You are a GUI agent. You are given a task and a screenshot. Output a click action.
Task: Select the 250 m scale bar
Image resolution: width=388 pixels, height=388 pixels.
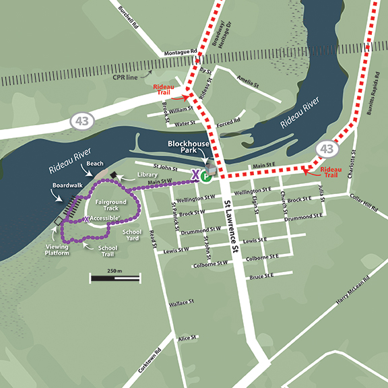[x=115, y=276]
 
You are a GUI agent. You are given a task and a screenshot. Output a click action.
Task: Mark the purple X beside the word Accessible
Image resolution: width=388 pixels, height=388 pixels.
[x=87, y=219]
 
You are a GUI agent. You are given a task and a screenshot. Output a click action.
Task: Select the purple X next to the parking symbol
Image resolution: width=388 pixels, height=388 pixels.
[x=196, y=176]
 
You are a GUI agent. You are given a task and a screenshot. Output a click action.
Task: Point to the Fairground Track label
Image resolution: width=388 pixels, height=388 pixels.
[x=110, y=205]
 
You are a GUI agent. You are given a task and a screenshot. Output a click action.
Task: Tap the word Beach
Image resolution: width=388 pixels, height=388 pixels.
[x=94, y=164]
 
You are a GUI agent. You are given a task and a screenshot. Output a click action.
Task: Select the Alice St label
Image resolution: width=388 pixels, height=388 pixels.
[x=185, y=337]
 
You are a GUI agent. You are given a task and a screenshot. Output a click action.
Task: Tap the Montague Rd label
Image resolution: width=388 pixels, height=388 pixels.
[x=179, y=51]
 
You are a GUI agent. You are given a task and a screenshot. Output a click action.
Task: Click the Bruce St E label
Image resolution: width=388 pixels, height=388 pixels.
[x=261, y=276]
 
